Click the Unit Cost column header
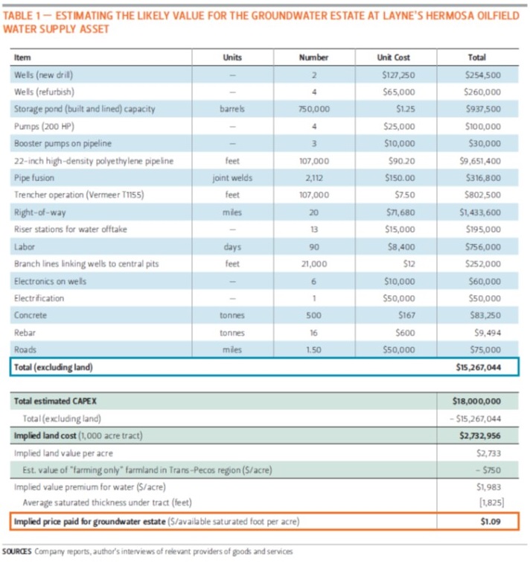click(394, 57)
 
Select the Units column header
click(232, 57)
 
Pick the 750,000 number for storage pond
click(313, 109)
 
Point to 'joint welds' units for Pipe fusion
click(232, 177)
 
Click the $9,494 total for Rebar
click(487, 332)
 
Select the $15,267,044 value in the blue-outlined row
click(477, 367)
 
